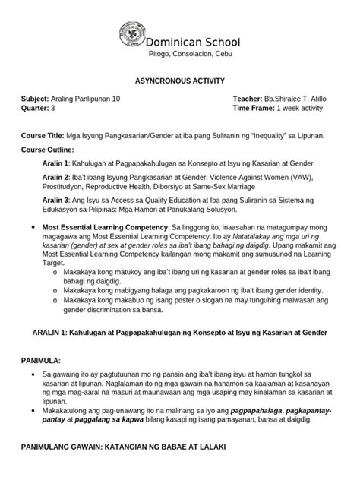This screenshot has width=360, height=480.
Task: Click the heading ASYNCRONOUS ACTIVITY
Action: pyautogui.click(x=179, y=80)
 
